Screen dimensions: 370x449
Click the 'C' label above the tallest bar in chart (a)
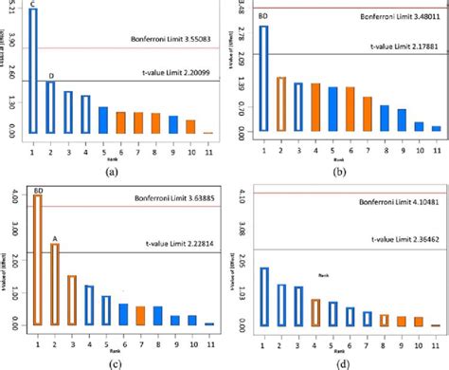[x=33, y=5]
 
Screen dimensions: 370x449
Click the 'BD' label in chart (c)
[x=38, y=190]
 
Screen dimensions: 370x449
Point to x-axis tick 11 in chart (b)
[x=436, y=147]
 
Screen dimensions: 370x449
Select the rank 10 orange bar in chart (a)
[x=190, y=127]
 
